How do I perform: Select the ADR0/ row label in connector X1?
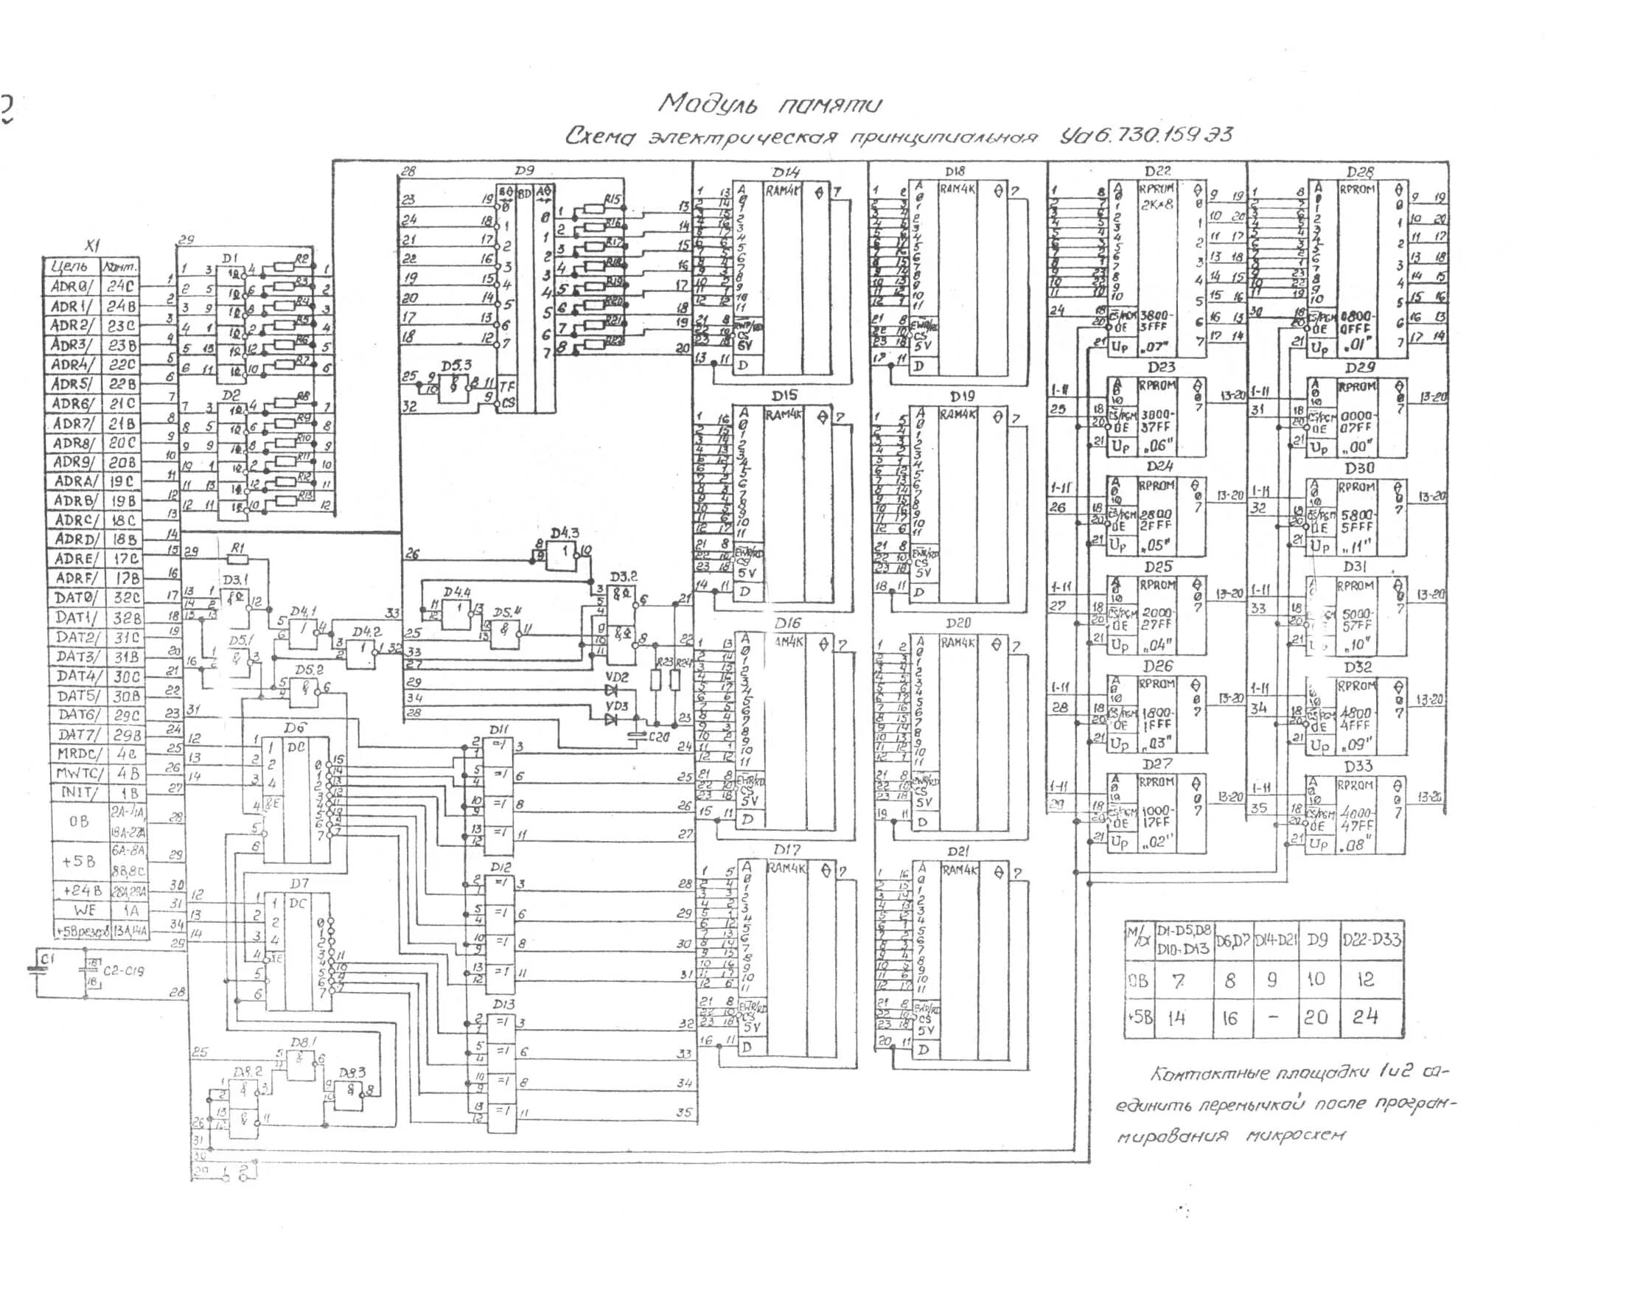click(71, 287)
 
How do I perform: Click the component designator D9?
click(524, 172)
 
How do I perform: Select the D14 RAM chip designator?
click(785, 173)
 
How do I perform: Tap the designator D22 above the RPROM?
click(1157, 172)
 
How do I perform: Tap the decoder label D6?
click(294, 728)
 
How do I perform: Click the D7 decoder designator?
click(299, 884)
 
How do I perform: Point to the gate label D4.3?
click(565, 532)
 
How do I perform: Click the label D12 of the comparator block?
click(500, 867)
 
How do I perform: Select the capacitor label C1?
click(47, 960)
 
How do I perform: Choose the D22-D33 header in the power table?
click(1371, 940)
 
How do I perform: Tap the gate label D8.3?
click(352, 1072)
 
